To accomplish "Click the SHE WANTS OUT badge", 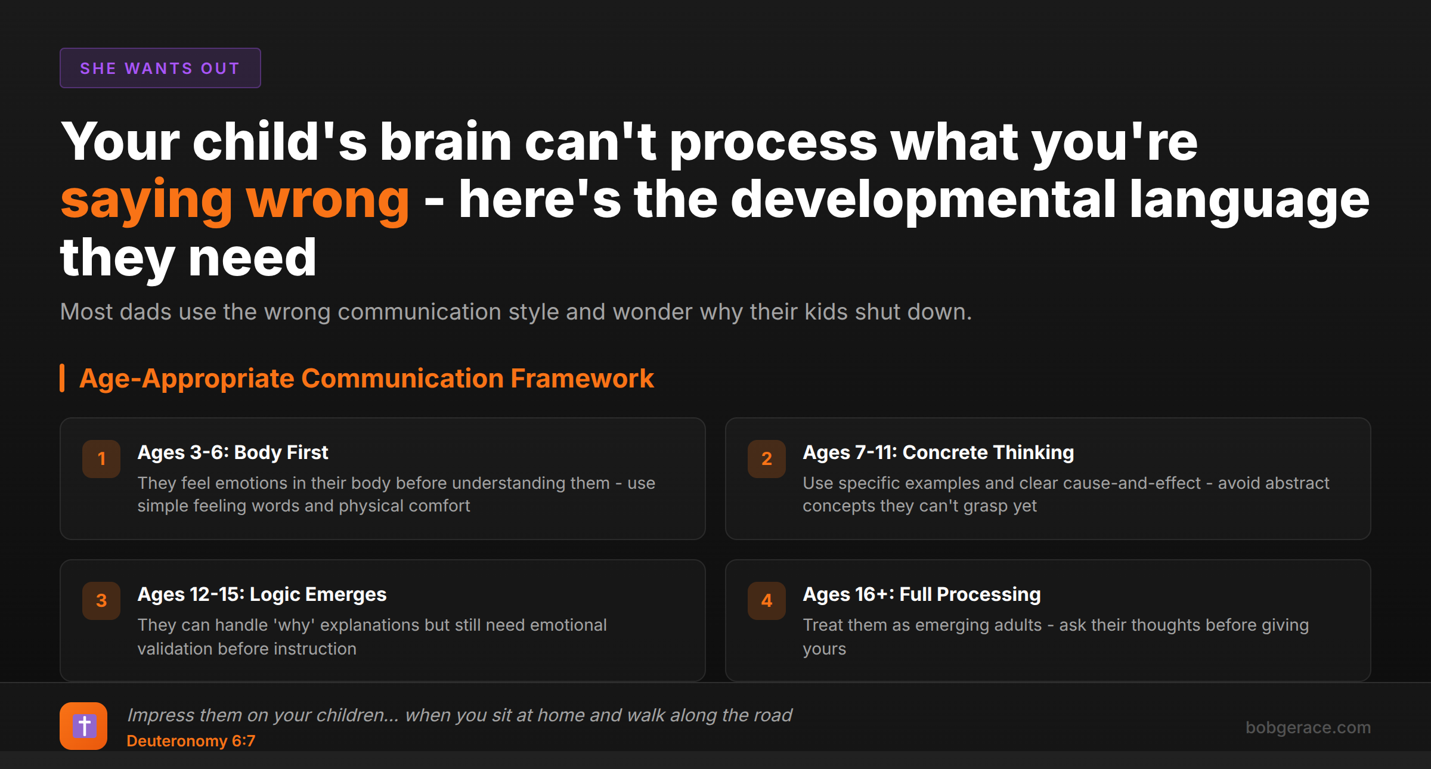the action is pyautogui.click(x=160, y=68).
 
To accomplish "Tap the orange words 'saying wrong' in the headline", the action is pyautogui.click(x=235, y=201).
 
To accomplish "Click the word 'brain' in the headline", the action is pyautogui.click(x=445, y=142).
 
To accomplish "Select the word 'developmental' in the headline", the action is pyautogui.click(x=923, y=201).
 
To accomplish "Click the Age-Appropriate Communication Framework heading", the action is pyautogui.click(x=367, y=379).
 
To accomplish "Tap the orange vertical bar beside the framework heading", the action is pyautogui.click(x=62, y=379).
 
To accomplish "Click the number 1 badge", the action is pyautogui.click(x=101, y=459).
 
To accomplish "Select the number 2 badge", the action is pyautogui.click(x=767, y=459).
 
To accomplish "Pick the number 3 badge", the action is pyautogui.click(x=101, y=601).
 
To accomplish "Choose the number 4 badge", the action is pyautogui.click(x=767, y=601).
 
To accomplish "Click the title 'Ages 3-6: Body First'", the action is pyautogui.click(x=233, y=452).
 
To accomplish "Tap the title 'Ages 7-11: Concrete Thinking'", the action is pyautogui.click(x=938, y=452).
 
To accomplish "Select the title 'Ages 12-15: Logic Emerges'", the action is pyautogui.click(x=262, y=594).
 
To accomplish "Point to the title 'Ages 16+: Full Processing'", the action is pyautogui.click(x=922, y=594).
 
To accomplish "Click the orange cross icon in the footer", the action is pyautogui.click(x=83, y=726).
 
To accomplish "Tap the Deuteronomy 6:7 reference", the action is pyautogui.click(x=191, y=741).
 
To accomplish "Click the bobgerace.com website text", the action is pyautogui.click(x=1308, y=727).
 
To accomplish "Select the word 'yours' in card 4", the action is pyautogui.click(x=825, y=649).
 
